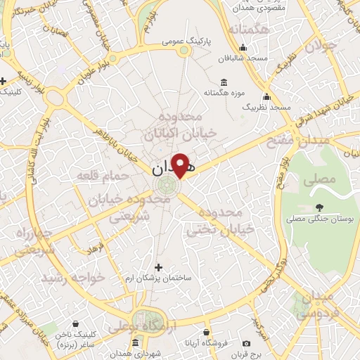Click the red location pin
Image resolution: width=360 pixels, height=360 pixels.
click(x=181, y=164)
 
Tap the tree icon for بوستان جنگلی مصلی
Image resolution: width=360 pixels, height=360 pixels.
click(x=320, y=207)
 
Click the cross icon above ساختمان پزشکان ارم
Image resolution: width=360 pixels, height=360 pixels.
click(x=158, y=267)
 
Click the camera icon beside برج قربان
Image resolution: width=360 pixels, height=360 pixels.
click(x=246, y=343)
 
